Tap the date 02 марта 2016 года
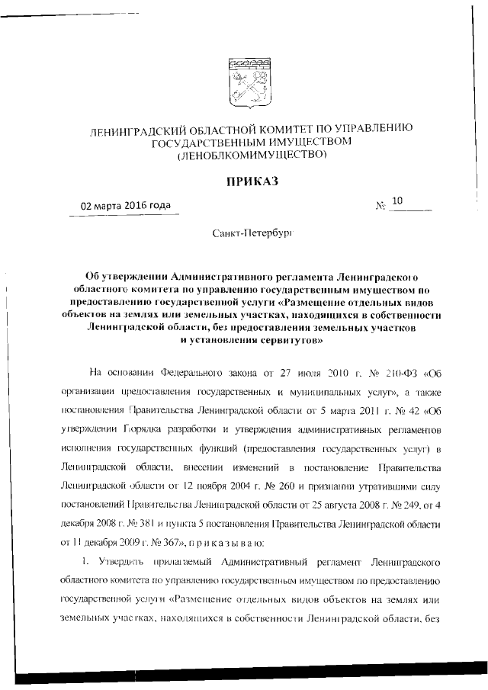click(127, 206)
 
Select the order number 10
click(396, 201)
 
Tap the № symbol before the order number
click(380, 207)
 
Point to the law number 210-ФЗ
click(403, 374)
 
